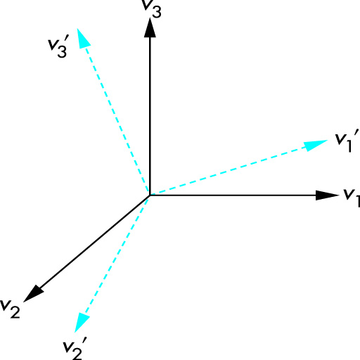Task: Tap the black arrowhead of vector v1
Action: click(327, 195)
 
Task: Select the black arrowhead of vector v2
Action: click(34, 293)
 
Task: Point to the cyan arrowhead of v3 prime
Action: click(83, 39)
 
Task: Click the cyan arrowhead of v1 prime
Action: click(316, 145)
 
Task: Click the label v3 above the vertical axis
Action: click(152, 8)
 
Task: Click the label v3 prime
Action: click(58, 46)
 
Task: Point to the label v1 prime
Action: click(347, 141)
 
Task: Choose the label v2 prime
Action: click(75, 348)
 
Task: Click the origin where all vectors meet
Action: click(150, 195)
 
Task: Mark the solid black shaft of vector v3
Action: click(150, 116)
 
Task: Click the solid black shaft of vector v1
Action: click(233, 195)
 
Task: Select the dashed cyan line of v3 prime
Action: click(117, 121)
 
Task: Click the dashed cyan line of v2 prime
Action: click(117, 255)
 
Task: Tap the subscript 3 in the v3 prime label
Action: click(62, 51)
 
